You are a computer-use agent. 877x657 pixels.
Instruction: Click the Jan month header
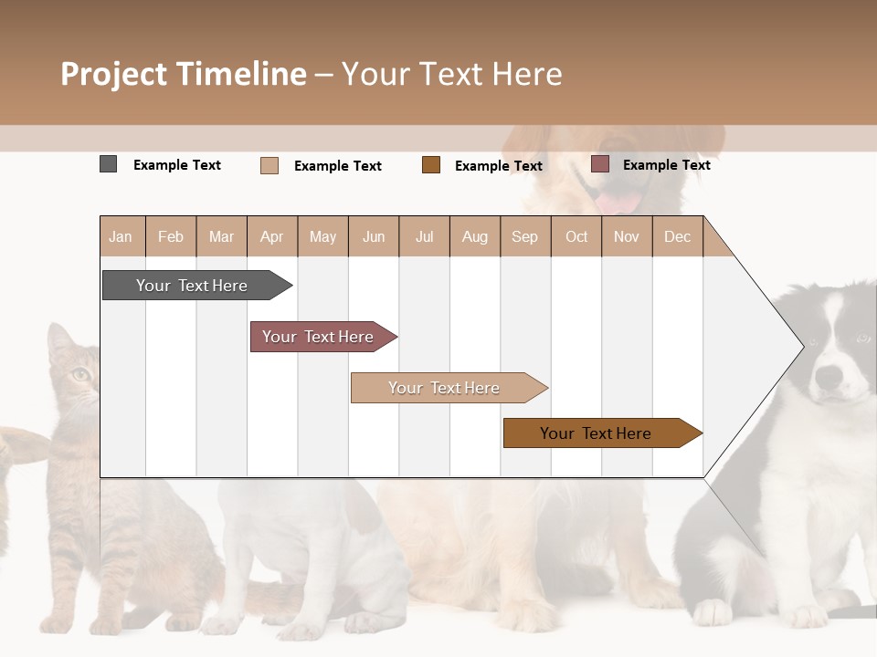(x=121, y=237)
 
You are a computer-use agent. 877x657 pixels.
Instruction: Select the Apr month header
(x=271, y=237)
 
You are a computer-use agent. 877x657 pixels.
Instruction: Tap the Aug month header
(x=474, y=237)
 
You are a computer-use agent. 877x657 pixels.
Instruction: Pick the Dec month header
(x=677, y=237)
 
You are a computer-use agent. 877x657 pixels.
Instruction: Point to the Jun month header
(x=374, y=237)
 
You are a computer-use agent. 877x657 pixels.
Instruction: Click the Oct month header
(x=576, y=237)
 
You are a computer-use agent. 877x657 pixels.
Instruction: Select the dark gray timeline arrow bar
(x=192, y=286)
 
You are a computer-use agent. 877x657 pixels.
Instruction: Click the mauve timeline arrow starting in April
(x=318, y=337)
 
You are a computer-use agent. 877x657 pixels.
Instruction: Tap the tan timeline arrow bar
(x=444, y=388)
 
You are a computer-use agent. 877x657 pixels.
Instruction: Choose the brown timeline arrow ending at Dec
(x=596, y=433)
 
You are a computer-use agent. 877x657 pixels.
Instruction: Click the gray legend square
(x=108, y=164)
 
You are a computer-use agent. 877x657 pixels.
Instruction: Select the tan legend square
(x=269, y=165)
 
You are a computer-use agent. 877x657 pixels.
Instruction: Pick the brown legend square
(x=431, y=164)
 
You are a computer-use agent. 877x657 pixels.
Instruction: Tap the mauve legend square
(x=600, y=164)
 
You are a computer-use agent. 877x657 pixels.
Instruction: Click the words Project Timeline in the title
(x=183, y=74)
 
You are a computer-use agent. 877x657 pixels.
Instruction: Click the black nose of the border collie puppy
(x=829, y=375)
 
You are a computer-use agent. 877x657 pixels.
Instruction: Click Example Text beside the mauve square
(x=666, y=165)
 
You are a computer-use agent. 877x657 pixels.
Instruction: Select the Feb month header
(x=171, y=237)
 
